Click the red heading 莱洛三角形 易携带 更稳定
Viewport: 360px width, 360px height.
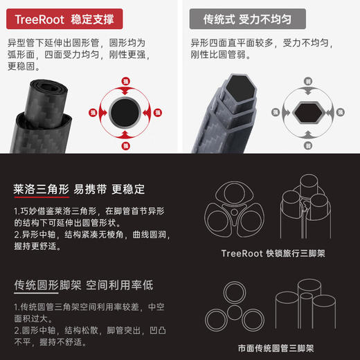pos(80,189)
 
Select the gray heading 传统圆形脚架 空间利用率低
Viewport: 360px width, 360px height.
pos(83,285)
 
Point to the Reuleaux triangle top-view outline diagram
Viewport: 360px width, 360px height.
pos(235,212)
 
